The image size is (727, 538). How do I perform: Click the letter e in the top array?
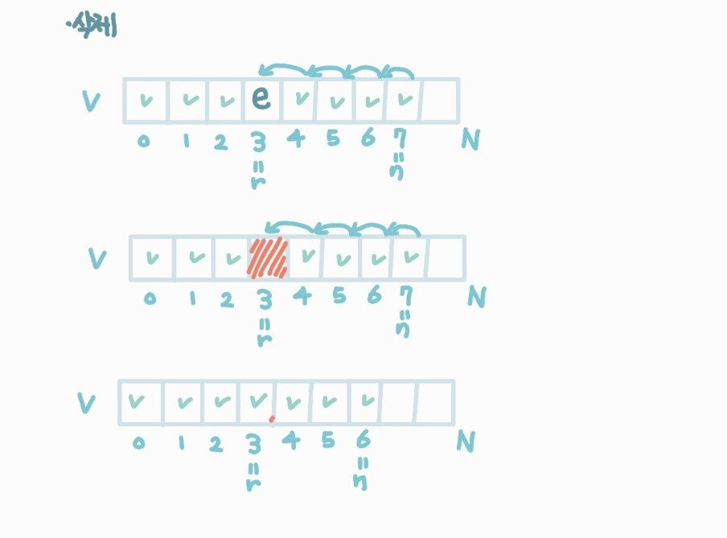click(260, 99)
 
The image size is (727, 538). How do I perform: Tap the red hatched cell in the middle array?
click(266, 257)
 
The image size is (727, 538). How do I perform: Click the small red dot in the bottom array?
click(272, 419)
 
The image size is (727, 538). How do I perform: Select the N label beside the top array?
click(472, 142)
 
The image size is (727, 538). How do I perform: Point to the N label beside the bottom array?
click(466, 441)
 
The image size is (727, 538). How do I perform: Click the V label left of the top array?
click(92, 102)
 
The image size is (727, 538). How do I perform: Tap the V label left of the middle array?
click(97, 259)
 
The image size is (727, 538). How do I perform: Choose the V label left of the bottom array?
click(85, 403)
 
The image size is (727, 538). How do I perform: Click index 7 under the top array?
click(399, 139)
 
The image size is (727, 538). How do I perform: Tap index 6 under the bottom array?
click(362, 440)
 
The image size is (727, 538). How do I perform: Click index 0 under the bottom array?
click(138, 443)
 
